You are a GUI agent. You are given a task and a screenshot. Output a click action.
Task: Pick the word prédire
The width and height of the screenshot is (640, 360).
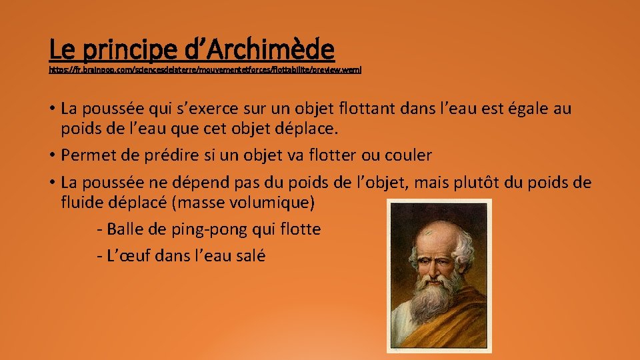pos(165,155)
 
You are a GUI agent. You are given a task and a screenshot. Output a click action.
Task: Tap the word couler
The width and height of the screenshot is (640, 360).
pos(407,155)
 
